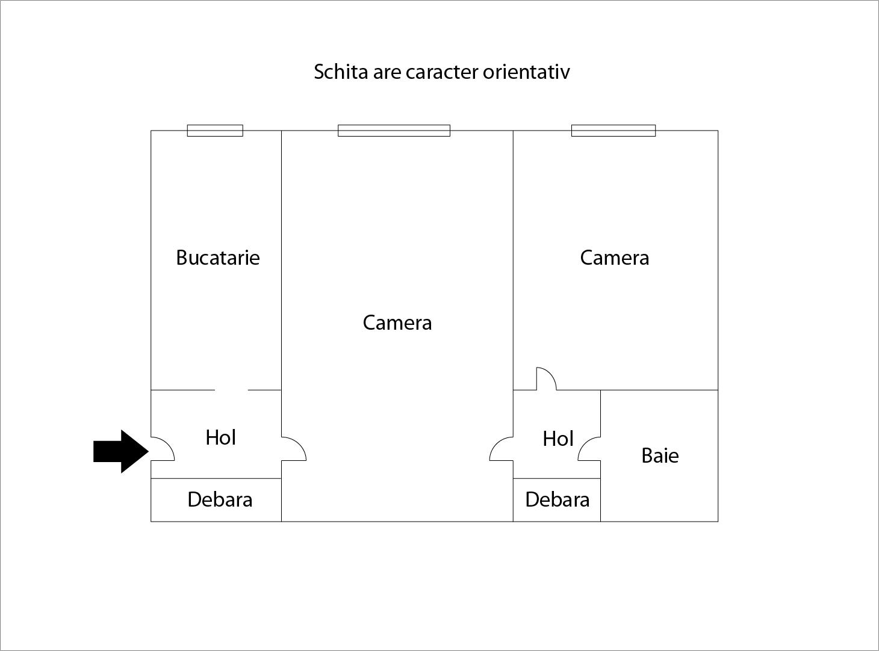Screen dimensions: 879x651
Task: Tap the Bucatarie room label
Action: [217, 258]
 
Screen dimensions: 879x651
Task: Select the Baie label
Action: [660, 455]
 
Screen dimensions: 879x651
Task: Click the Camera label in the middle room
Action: [397, 322]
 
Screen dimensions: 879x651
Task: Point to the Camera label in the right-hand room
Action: [615, 258]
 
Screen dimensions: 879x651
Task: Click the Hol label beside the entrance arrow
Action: [221, 437]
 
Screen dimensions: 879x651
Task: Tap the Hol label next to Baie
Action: [558, 439]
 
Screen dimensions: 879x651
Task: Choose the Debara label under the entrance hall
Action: [220, 499]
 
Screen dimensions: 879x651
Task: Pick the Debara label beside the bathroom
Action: [558, 499]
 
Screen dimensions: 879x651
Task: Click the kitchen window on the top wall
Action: [215, 131]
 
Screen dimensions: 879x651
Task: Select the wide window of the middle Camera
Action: [394, 131]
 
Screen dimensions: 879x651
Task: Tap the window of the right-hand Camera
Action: [613, 131]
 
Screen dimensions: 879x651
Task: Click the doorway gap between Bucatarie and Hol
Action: [231, 390]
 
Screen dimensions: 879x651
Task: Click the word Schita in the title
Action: [341, 72]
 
